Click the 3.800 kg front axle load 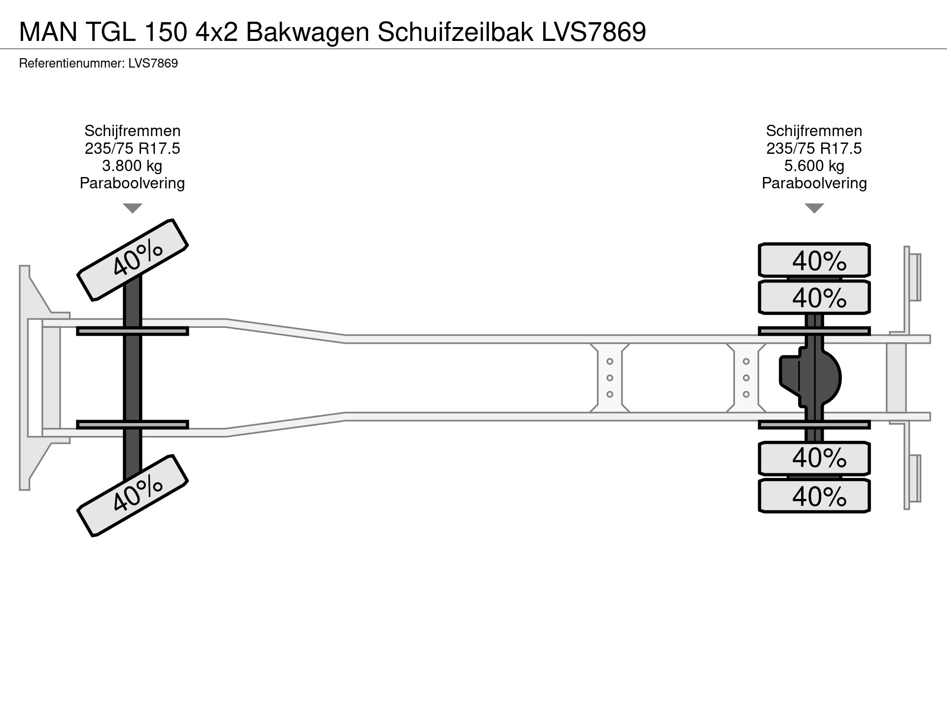[x=132, y=166]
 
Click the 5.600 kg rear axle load [x=814, y=166]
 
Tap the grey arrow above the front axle [x=132, y=208]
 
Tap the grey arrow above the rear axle [x=814, y=208]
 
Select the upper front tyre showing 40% [x=133, y=260]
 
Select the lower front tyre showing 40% [x=133, y=496]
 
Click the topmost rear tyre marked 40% [x=814, y=260]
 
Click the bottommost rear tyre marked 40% [x=814, y=496]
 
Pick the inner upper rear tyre [x=814, y=297]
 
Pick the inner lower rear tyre [x=814, y=458]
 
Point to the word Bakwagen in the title [x=307, y=32]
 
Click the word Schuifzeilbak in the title [x=455, y=32]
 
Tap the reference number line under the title [x=98, y=64]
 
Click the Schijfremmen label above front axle [x=132, y=131]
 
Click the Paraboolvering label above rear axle [x=814, y=183]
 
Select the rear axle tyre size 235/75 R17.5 [x=814, y=148]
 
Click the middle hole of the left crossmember [x=610, y=378]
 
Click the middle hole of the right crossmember [x=746, y=378]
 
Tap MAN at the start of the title [x=48, y=32]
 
